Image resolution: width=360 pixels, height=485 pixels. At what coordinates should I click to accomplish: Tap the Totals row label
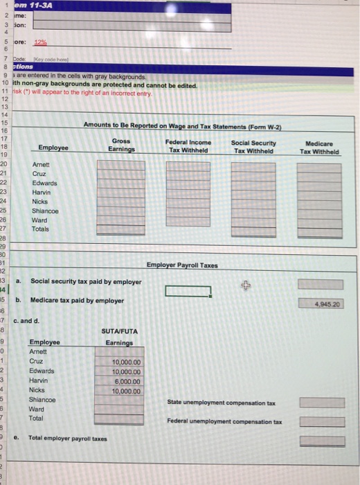coord(43,229)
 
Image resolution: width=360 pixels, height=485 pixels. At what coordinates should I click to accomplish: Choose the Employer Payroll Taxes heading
coord(183,265)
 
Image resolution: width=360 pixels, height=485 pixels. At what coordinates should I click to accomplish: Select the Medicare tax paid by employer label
coord(78,301)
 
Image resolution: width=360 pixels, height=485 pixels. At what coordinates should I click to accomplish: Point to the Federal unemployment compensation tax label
coord(224,421)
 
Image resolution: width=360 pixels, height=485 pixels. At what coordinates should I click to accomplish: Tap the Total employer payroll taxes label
coord(69,439)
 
